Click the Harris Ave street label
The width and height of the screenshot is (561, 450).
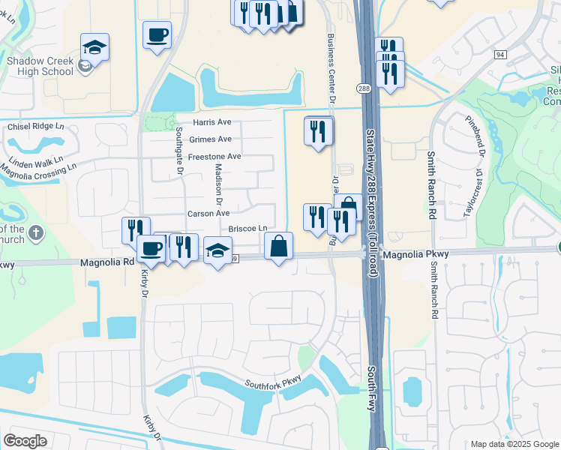pyautogui.click(x=212, y=121)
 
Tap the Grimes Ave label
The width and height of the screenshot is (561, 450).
pyautogui.click(x=211, y=139)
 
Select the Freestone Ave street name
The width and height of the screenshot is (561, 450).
pyautogui.click(x=214, y=156)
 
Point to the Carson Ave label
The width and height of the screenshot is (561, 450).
pyautogui.click(x=208, y=213)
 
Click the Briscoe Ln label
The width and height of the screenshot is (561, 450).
pyautogui.click(x=247, y=228)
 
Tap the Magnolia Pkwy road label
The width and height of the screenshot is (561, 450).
pyautogui.click(x=415, y=254)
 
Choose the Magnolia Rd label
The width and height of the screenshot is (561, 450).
pyautogui.click(x=107, y=262)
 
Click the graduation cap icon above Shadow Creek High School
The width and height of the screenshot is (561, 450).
pyautogui.click(x=94, y=47)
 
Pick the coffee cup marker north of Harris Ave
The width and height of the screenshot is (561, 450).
pyautogui.click(x=157, y=34)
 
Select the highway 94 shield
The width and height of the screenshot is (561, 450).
pyautogui.click(x=500, y=54)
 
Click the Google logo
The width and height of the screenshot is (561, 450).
pyautogui.click(x=25, y=440)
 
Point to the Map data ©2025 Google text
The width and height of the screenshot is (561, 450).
pyautogui.click(x=514, y=444)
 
